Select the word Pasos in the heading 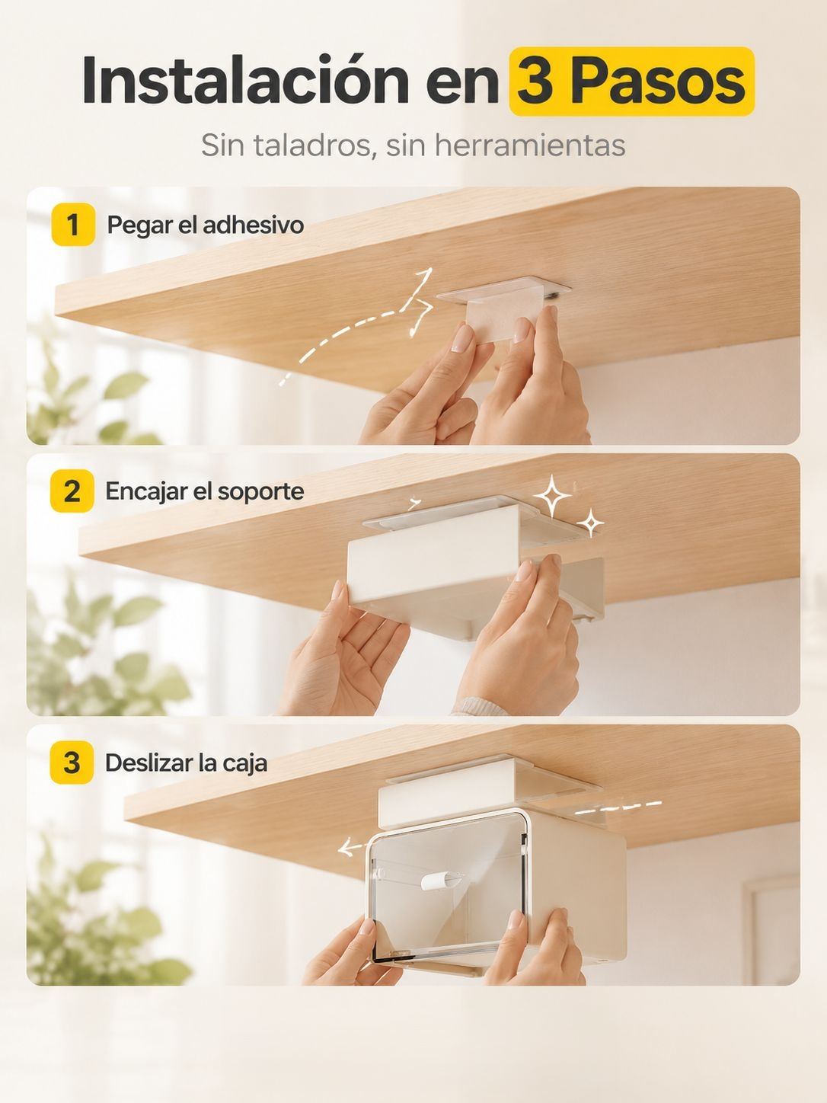[658, 81]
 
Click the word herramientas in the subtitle [530, 145]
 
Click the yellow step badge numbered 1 [73, 225]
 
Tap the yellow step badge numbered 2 [72, 491]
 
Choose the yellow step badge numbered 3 [72, 762]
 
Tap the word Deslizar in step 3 [148, 763]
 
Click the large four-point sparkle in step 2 [552, 496]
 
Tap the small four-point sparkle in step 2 [590, 523]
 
